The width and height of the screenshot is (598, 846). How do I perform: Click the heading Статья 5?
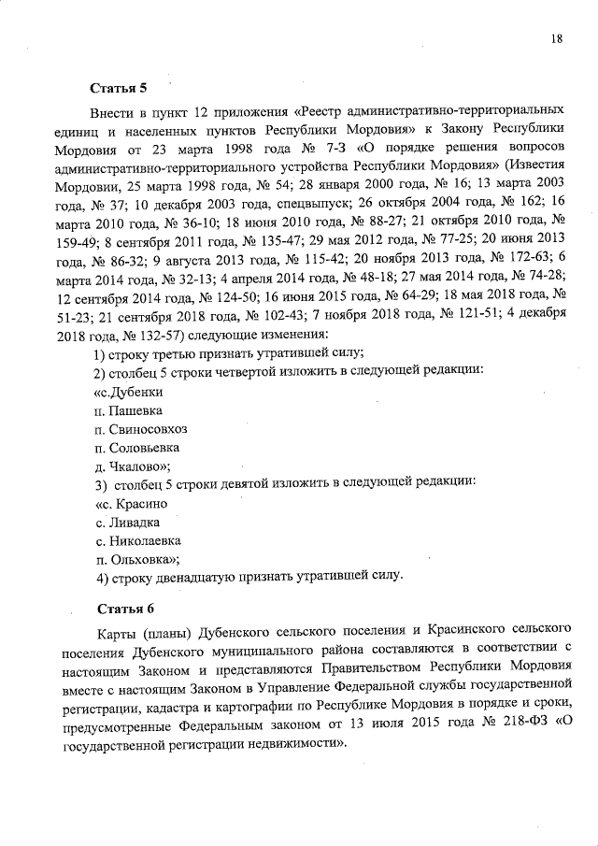point(118,90)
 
